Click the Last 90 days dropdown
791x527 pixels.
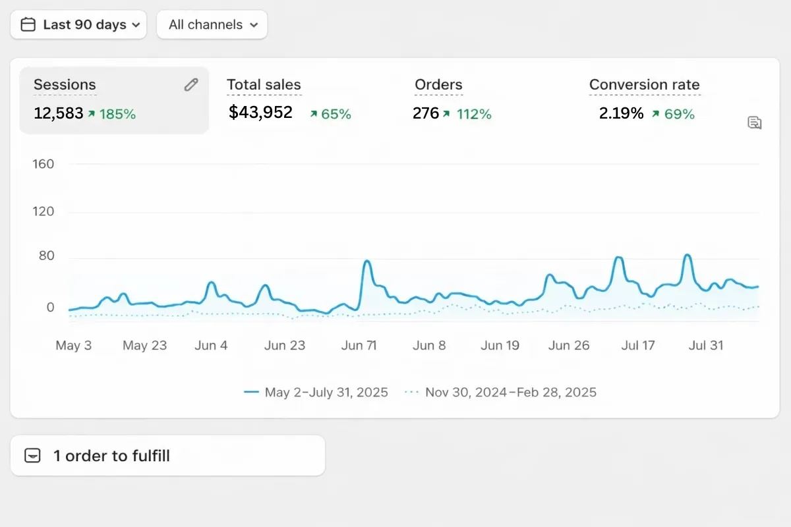[x=78, y=25]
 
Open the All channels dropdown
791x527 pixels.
[x=212, y=25]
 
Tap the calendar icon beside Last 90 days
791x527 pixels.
[x=28, y=25]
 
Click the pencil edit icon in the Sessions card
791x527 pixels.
[x=191, y=84]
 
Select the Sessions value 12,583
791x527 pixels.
[x=58, y=114]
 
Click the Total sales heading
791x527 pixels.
[x=264, y=85]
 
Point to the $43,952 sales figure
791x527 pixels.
[x=260, y=113]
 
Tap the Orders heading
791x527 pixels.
[x=438, y=85]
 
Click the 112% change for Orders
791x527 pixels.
[x=474, y=115]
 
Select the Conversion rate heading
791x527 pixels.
[x=644, y=85]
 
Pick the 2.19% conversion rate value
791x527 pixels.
[x=621, y=114]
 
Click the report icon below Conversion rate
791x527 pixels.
[x=755, y=123]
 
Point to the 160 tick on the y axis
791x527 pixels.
[x=43, y=164]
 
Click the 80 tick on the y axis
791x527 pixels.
[x=45, y=256]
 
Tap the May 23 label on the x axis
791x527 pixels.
[x=145, y=346]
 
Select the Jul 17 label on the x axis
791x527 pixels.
[x=638, y=346]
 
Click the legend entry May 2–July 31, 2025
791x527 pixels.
[x=316, y=393]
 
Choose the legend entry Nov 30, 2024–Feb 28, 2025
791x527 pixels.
[x=501, y=393]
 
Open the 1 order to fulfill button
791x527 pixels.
[x=167, y=455]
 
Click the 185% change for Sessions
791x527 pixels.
[x=117, y=115]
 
